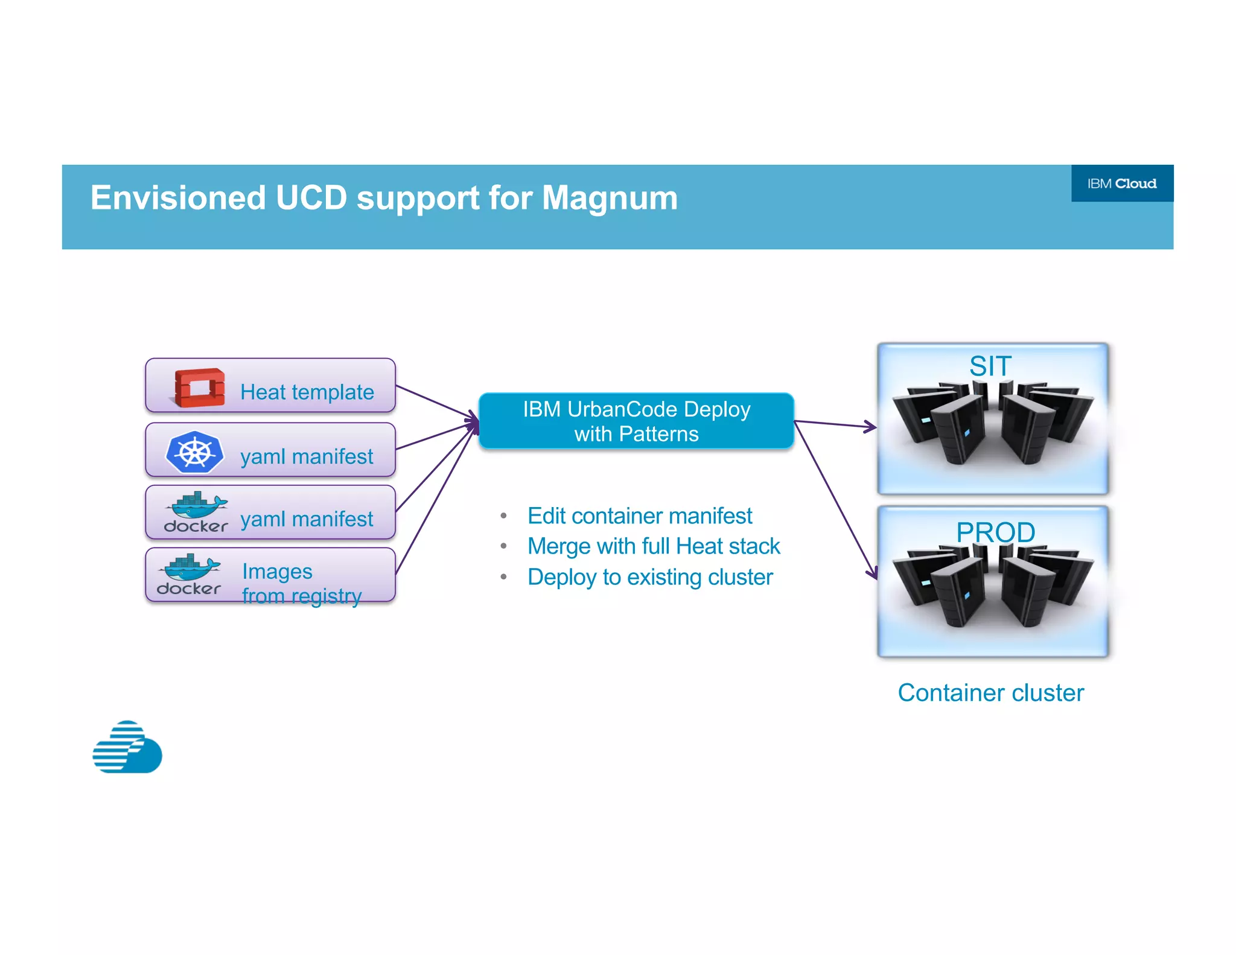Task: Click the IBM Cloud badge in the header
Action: (x=1121, y=184)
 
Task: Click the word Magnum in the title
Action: (x=610, y=198)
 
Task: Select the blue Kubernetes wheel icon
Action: (x=194, y=452)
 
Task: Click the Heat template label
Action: (x=307, y=392)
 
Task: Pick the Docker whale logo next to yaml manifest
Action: (x=196, y=513)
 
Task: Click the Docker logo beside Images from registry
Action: (x=189, y=575)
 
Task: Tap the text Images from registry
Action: (x=301, y=583)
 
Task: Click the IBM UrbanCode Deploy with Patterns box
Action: (x=636, y=421)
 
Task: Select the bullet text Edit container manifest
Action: (x=640, y=516)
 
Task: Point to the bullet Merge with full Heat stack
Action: (x=653, y=546)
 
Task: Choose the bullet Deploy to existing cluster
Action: (x=649, y=577)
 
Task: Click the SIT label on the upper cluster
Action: (x=990, y=366)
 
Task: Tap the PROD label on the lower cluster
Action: (x=995, y=532)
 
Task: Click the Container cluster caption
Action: (x=990, y=692)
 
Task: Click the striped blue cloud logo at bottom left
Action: (x=127, y=747)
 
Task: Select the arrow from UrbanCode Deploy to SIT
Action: (x=835, y=424)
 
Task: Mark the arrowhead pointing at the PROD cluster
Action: (x=873, y=573)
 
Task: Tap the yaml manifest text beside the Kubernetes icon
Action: (x=307, y=456)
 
